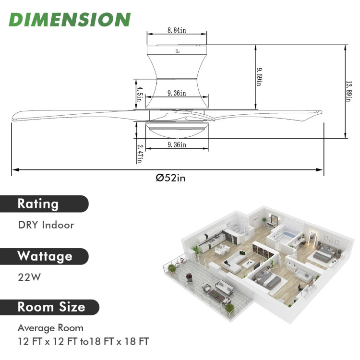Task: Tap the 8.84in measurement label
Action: [177, 30]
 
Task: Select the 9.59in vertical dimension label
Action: [258, 76]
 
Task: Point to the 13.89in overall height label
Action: [349, 91]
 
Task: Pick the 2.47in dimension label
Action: [139, 153]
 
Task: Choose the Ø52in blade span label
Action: [170, 178]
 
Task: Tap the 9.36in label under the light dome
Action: [177, 145]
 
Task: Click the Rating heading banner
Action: [38, 204]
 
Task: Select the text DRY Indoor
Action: [46, 225]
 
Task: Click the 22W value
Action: [28, 277]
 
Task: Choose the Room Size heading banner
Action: [51, 307]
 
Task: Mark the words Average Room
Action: [50, 328]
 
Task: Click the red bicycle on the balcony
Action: [180, 263]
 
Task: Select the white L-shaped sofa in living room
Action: [234, 261]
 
